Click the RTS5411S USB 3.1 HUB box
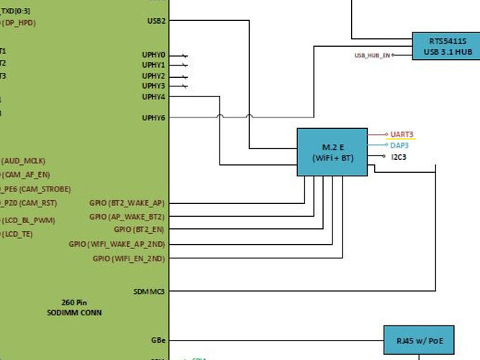(445, 45)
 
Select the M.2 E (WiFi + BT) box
(332, 151)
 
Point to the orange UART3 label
(402, 135)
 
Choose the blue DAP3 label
(399, 145)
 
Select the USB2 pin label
(156, 21)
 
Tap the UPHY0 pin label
(153, 55)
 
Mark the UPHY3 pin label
(153, 86)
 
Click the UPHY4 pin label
(153, 96)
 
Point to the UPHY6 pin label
(153, 117)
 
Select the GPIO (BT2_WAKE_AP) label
(127, 203)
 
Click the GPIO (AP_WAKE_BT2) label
(127, 217)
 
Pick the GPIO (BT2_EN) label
(139, 230)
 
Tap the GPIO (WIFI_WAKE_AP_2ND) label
(117, 244)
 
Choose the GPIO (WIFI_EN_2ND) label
(128, 258)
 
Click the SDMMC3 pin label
(150, 292)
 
